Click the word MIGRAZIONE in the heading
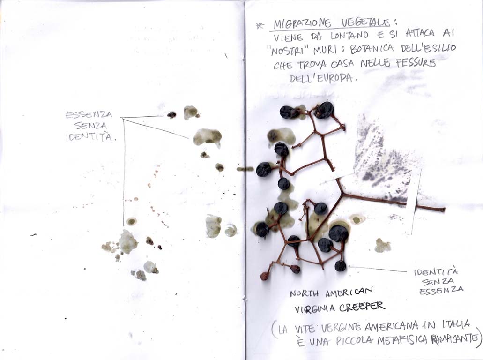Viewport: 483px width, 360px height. click(x=302, y=24)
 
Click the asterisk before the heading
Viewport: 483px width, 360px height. click(x=260, y=26)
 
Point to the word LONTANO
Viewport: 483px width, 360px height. click(x=349, y=36)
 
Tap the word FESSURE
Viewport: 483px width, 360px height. click(x=418, y=63)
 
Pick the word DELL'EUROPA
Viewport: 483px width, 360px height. click(x=321, y=78)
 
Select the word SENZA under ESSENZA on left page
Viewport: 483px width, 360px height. click(x=90, y=126)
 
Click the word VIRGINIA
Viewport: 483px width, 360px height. click(x=314, y=309)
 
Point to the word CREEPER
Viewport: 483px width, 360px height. click(x=362, y=307)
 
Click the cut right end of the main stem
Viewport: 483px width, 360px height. click(x=444, y=210)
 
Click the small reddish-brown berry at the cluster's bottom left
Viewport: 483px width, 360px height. click(x=264, y=276)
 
